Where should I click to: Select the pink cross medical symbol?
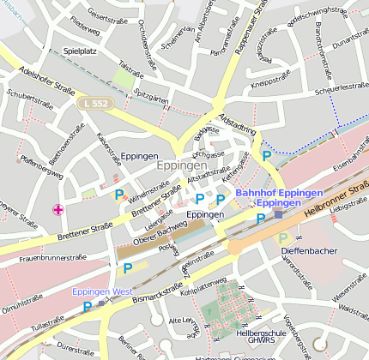(58, 209)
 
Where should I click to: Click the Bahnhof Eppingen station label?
(279, 193)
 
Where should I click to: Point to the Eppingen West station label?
(102, 292)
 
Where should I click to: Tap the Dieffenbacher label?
(309, 250)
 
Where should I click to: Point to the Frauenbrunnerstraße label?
(53, 257)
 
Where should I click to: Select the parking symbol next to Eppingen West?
(87, 306)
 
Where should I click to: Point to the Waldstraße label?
(353, 308)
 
